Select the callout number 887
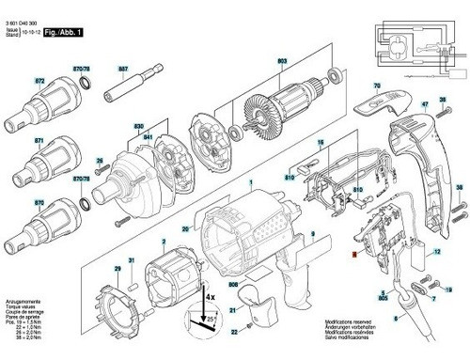(x=123, y=69)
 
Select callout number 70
(x=376, y=86)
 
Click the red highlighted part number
(x=352, y=253)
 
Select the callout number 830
(x=139, y=128)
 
